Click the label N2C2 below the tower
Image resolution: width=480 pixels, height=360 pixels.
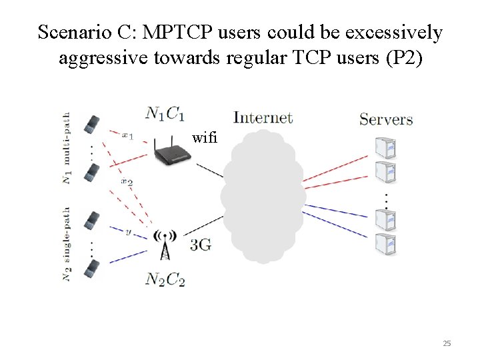click(x=165, y=279)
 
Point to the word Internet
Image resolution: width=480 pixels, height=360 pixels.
click(x=263, y=118)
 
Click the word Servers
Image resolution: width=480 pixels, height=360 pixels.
click(x=386, y=119)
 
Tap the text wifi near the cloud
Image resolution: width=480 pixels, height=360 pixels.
click(x=204, y=138)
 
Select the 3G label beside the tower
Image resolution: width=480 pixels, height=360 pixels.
click(x=201, y=245)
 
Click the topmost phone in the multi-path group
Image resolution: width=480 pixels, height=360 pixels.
click(x=92, y=123)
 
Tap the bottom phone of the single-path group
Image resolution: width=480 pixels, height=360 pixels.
click(x=92, y=269)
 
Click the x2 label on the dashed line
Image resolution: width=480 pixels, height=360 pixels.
click(x=127, y=181)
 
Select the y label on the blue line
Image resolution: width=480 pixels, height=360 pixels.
click(x=128, y=232)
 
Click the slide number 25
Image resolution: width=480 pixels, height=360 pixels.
click(x=447, y=343)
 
